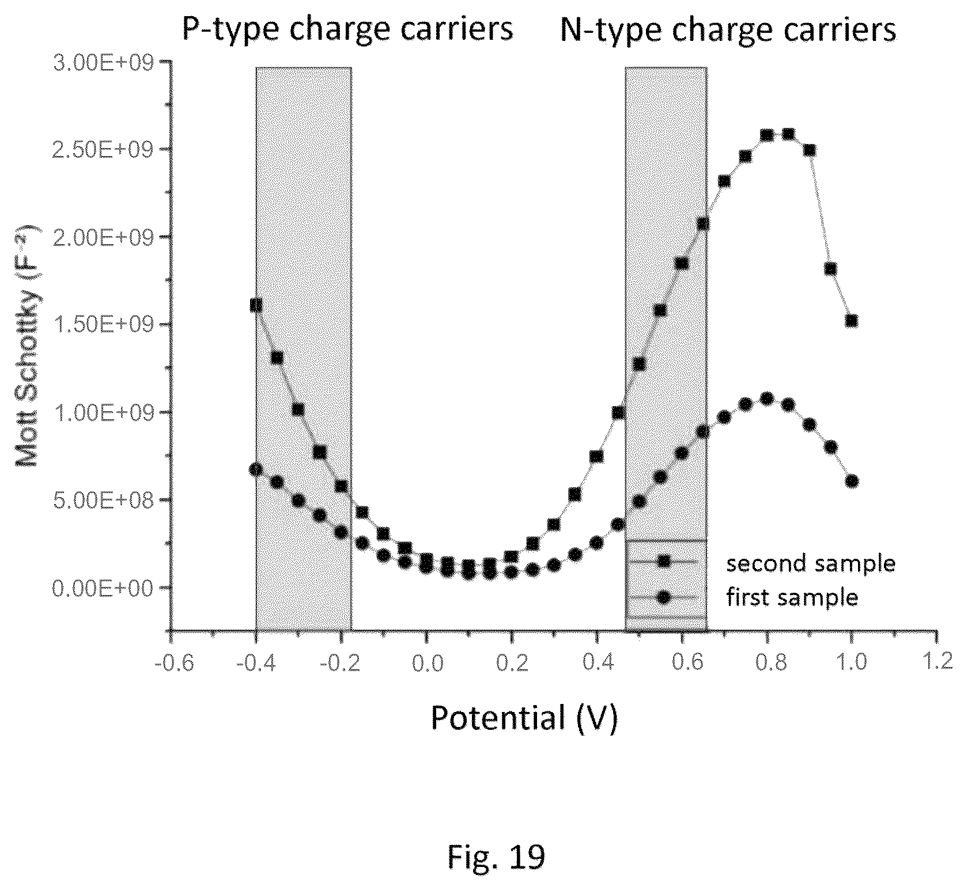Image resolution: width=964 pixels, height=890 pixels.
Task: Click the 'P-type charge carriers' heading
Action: (x=347, y=29)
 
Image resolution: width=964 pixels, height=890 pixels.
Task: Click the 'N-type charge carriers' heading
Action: (x=728, y=29)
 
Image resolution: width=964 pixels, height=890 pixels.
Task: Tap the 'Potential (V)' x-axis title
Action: (x=524, y=718)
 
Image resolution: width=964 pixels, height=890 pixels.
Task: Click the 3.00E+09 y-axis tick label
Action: (x=104, y=62)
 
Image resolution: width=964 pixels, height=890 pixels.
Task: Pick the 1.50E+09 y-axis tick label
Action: (x=104, y=325)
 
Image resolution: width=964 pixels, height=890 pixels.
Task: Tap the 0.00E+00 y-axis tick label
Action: (x=104, y=588)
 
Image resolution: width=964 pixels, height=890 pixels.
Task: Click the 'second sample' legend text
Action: (x=811, y=563)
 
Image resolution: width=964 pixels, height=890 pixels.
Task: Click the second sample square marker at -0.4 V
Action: (x=256, y=305)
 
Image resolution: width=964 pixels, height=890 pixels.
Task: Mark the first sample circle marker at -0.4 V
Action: (x=256, y=469)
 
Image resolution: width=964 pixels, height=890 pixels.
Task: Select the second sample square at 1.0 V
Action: (x=852, y=321)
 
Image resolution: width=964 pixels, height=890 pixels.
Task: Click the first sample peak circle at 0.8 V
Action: (x=766, y=399)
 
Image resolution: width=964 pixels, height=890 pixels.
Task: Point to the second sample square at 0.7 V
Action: (x=724, y=181)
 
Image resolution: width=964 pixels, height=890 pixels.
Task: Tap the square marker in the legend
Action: (x=664, y=561)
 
